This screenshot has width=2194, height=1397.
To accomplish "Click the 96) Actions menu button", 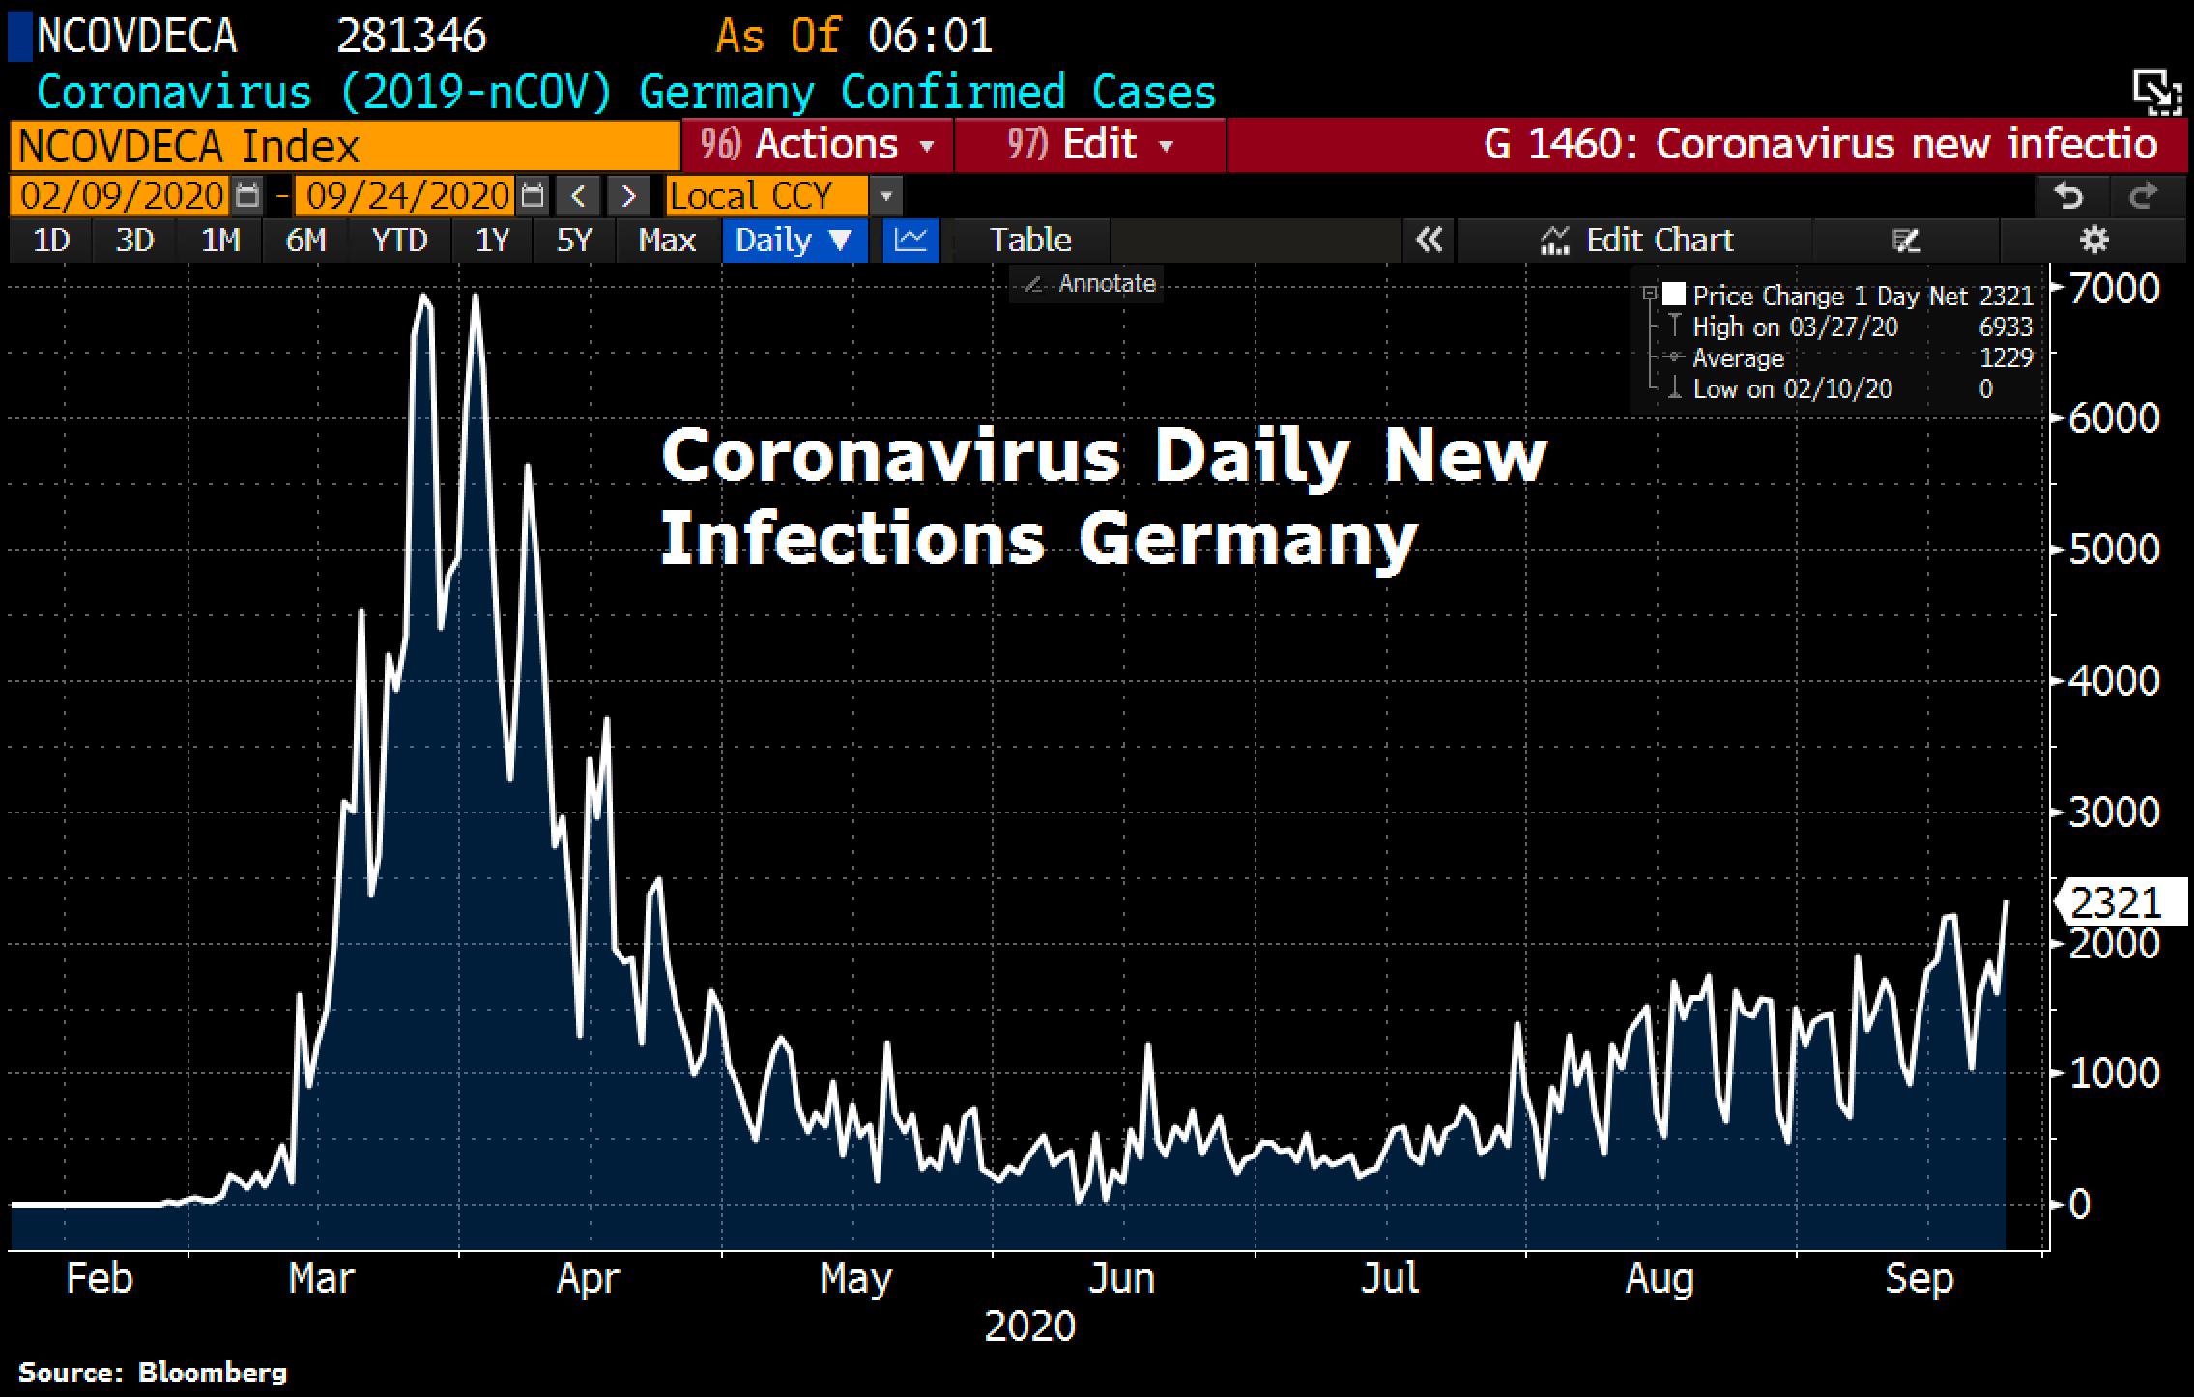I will [x=817, y=145].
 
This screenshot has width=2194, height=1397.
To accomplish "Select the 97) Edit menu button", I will [x=1089, y=145].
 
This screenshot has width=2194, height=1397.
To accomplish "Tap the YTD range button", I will [x=399, y=240].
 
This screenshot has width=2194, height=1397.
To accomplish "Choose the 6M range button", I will [x=305, y=240].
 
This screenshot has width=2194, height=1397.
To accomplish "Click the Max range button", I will [x=667, y=240].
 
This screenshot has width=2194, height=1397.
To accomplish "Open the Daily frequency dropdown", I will [x=794, y=240].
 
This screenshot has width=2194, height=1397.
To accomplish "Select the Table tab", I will [x=1030, y=240].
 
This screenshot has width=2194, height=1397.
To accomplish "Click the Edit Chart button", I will [x=1636, y=240].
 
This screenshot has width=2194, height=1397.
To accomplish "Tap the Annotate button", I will [x=1090, y=284].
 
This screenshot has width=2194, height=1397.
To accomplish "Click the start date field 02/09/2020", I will [x=122, y=196].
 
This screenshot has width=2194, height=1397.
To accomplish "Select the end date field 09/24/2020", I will [x=407, y=196].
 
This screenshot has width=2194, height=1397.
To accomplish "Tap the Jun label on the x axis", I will [x=1121, y=1278].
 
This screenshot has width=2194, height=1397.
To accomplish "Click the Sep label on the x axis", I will [x=1919, y=1278].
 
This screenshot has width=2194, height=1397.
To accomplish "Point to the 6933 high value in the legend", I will [x=2006, y=327].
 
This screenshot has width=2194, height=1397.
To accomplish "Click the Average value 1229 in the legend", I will [x=2006, y=357].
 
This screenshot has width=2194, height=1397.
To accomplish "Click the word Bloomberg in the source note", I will [x=212, y=1372].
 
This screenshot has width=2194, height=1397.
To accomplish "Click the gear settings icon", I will [x=2093, y=240].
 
